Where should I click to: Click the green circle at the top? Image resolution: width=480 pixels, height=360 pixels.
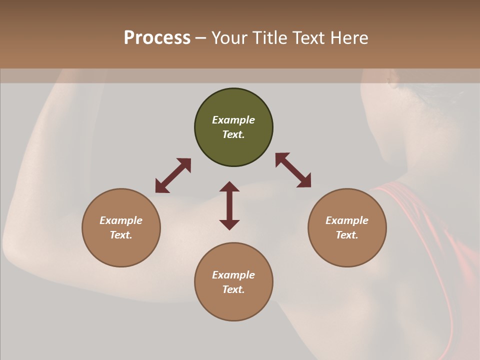[233, 127]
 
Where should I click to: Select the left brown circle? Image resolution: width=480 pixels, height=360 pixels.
[121, 227]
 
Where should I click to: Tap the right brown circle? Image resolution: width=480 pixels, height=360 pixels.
[347, 227]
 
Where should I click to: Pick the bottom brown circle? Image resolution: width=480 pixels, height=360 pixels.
[233, 282]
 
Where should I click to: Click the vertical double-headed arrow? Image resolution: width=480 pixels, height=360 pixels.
[229, 205]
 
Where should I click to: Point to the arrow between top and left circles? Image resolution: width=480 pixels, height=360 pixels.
[173, 175]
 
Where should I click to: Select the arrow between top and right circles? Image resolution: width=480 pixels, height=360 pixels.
[293, 170]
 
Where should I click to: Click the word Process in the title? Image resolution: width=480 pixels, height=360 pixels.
[157, 37]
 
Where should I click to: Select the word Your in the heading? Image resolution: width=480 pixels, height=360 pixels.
[228, 37]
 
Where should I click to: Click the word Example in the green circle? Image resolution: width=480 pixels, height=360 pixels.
[233, 120]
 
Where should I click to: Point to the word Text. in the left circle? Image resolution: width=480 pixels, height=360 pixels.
[121, 235]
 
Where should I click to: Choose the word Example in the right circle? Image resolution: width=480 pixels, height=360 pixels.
[347, 220]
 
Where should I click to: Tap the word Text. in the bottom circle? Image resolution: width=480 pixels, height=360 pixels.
[233, 289]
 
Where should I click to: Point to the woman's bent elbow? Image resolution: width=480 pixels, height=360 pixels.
[15, 250]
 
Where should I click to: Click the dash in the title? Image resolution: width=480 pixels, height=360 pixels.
[201, 38]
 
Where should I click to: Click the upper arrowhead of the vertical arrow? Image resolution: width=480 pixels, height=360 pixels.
[229, 187]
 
